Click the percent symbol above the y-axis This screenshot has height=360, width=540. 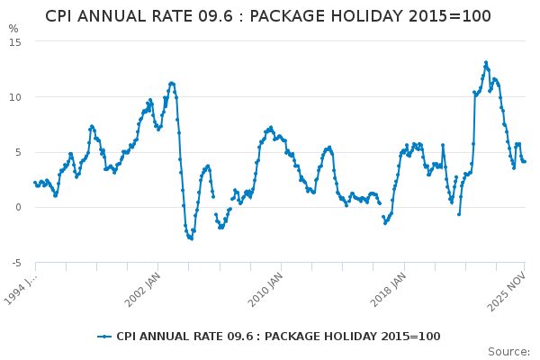(x=13, y=29)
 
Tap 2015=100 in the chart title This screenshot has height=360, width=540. (x=457, y=16)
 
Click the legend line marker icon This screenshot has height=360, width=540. (x=105, y=337)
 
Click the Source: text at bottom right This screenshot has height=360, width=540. (x=508, y=351)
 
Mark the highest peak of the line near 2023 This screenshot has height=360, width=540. (x=486, y=62)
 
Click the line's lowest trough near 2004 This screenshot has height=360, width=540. (x=191, y=238)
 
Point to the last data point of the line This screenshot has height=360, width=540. (x=525, y=161)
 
